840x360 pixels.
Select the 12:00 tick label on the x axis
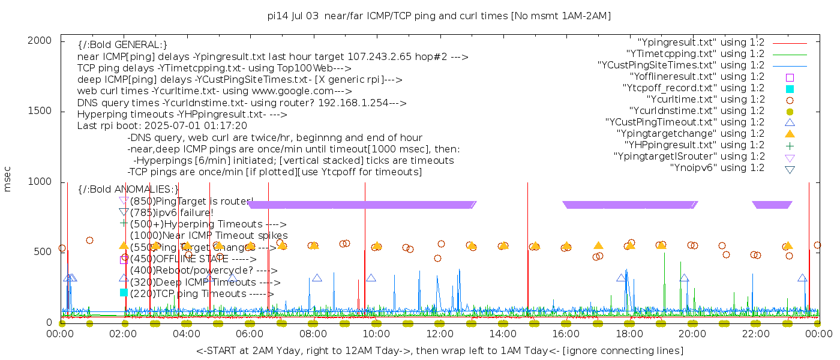tap(440, 334)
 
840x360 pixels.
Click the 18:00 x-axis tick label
tap(629, 334)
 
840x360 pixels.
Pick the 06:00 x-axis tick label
tap(250, 334)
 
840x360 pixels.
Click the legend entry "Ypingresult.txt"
tap(700, 43)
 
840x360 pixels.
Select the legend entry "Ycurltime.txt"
tap(705, 100)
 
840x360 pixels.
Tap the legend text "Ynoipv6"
tap(717, 168)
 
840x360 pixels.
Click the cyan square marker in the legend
tap(790, 89)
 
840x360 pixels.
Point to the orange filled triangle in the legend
tap(790, 134)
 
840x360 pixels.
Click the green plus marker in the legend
tap(790, 145)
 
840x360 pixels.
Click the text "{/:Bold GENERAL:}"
tap(122, 45)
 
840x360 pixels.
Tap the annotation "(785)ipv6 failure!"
tap(172, 212)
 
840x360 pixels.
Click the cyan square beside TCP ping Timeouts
tap(124, 293)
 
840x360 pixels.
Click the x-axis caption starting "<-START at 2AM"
tap(439, 350)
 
